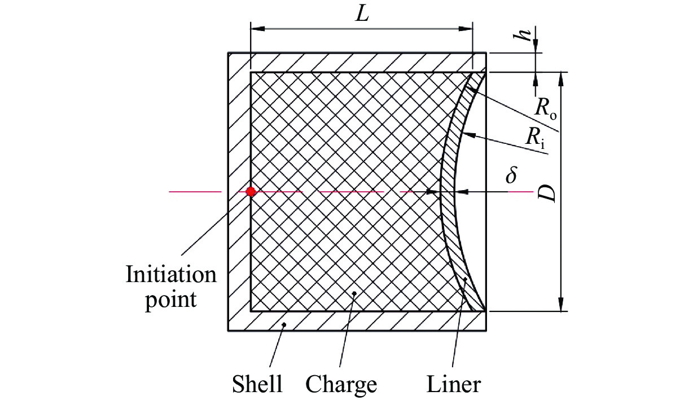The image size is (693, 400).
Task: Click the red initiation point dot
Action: click(251, 192)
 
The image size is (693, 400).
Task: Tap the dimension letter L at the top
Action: click(362, 14)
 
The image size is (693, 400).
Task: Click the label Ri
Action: click(535, 137)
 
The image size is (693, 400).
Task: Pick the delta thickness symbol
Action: click(511, 175)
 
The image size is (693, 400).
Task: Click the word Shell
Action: click(257, 384)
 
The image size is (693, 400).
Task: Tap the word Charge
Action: click(341, 385)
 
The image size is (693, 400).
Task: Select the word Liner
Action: click(454, 384)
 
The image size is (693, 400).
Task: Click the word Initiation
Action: click(171, 274)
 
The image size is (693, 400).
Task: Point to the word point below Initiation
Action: click(171, 300)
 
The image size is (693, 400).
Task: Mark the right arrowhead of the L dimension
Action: click(466, 29)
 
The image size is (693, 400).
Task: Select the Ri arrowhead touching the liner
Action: click(470, 135)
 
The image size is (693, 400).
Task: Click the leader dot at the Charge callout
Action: click(354, 293)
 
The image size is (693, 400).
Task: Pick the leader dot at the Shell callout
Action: click(284, 324)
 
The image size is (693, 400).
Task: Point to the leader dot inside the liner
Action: click(465, 279)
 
